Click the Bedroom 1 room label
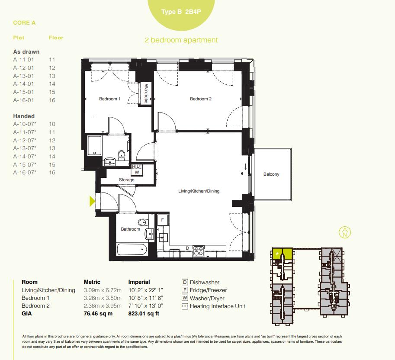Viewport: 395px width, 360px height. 110,99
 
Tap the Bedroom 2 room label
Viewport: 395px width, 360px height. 201,99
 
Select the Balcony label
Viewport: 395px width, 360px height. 271,174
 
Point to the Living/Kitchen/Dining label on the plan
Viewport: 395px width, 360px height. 199,191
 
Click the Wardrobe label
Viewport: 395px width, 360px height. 147,93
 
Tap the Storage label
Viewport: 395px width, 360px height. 127,180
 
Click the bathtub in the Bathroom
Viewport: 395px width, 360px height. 132,250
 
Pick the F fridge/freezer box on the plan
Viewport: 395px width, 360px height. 162,220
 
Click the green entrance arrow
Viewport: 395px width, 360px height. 92,201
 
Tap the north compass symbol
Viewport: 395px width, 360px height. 345,232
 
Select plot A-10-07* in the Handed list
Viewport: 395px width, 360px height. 25,124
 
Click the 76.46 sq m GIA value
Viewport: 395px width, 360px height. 98,314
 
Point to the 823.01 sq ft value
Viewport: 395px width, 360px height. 144,314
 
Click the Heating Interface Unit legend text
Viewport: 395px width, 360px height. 217,306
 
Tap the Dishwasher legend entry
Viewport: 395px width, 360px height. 204,283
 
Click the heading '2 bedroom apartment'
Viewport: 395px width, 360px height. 181,40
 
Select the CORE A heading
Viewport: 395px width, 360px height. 24,22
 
